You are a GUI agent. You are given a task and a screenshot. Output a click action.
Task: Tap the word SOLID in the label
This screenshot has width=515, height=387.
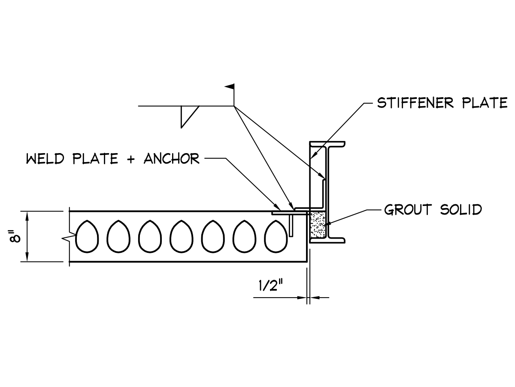pos(461,210)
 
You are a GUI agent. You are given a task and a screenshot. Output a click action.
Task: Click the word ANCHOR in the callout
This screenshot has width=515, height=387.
pos(172,159)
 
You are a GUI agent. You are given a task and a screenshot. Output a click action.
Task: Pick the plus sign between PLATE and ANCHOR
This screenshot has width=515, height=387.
pos(131,159)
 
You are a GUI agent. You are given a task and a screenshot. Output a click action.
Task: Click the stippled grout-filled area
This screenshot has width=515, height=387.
pos(318,224)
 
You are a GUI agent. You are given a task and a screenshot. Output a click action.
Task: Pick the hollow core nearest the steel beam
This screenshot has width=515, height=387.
pos(276,236)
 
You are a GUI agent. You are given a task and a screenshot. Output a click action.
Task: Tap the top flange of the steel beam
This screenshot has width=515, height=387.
pos(328,144)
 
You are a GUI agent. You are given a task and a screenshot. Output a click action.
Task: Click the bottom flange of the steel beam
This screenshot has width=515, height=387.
pos(328,242)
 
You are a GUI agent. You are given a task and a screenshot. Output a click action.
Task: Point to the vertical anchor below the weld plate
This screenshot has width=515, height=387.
pos(291,225)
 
